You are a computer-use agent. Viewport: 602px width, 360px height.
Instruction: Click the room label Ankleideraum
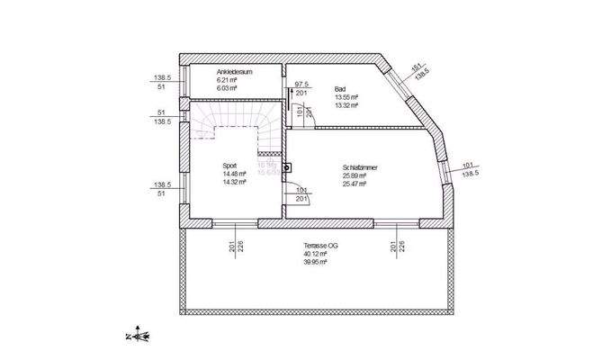pyautogui.click(x=232, y=72)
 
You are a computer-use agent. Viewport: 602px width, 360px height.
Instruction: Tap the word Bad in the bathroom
pyautogui.click(x=340, y=89)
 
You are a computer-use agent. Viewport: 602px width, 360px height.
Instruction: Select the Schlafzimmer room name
pyautogui.click(x=359, y=167)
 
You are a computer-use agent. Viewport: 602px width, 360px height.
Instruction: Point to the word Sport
pyautogui.click(x=230, y=166)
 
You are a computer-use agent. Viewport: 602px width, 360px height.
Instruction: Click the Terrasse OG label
pyautogui.click(x=321, y=246)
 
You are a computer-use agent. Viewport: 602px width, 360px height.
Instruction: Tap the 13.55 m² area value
pyautogui.click(x=346, y=97)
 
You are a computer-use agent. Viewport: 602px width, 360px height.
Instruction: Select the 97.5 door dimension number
pyautogui.click(x=301, y=84)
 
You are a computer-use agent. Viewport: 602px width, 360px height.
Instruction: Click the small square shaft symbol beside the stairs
pyautogui.click(x=285, y=167)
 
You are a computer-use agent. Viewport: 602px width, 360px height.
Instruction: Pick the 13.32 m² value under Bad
pyautogui.click(x=346, y=105)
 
